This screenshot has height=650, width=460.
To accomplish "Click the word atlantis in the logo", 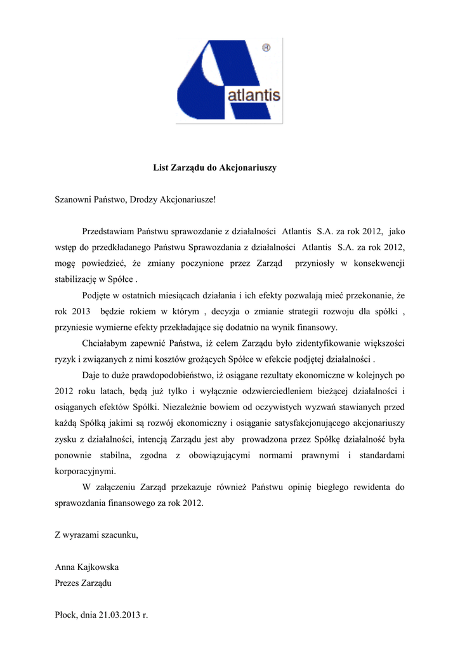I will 253,96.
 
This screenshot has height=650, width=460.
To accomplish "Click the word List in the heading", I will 161,168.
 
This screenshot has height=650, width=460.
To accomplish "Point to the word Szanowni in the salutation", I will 74,200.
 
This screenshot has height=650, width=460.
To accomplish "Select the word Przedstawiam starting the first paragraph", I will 110,232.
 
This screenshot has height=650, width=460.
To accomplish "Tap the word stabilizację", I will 78,279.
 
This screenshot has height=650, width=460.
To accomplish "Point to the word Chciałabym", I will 107,343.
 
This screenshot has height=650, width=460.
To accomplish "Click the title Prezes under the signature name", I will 68,583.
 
